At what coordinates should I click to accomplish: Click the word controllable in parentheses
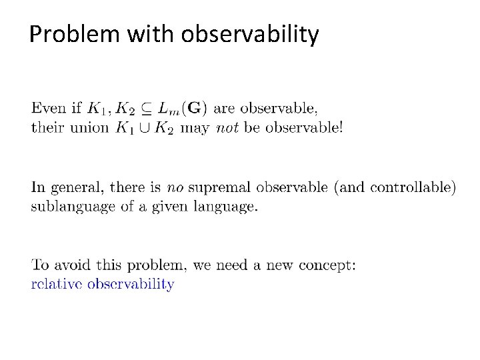click(x=413, y=188)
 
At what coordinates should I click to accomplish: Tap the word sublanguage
click(x=71, y=207)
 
